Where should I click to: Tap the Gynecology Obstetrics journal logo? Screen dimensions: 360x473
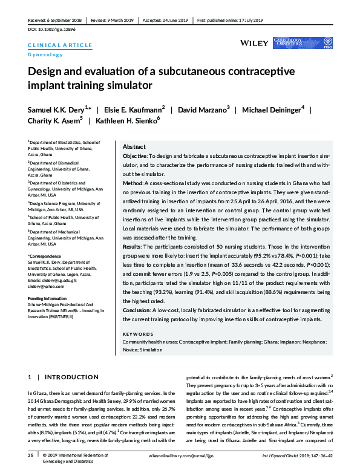tap(298, 43)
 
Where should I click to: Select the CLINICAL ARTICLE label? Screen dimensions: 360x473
tap(60, 45)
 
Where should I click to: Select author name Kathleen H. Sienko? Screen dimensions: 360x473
tap(128, 121)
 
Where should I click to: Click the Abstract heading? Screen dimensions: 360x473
tap(134, 147)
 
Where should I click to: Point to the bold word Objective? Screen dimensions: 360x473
tap(136, 156)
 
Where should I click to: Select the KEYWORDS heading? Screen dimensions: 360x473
tap(138, 334)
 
